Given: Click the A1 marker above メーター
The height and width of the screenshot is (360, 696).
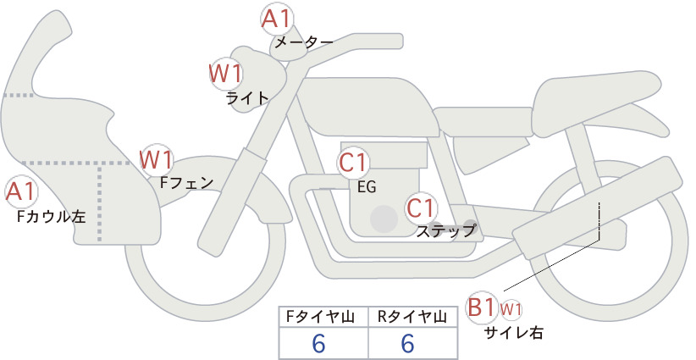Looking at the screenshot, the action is coord(278,19).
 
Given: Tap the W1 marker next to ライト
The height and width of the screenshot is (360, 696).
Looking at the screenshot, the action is coord(226,74).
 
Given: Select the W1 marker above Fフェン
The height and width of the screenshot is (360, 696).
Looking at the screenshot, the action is coord(157,159).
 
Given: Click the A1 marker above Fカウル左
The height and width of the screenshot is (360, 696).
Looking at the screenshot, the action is coord(21,192).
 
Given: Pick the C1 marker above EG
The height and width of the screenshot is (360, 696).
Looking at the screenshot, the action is coord(353,163).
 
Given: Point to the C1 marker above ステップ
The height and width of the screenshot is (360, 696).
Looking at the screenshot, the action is coord(421,208).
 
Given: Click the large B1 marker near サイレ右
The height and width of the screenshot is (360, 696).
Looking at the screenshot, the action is coord(481,307).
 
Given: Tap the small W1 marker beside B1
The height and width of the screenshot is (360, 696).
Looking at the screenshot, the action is coord(511,309).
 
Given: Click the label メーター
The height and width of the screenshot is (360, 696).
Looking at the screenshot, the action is coord(304,42).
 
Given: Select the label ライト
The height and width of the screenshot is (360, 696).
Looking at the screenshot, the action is coord(247,97).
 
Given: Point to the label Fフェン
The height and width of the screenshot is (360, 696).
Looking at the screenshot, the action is coord(186,183).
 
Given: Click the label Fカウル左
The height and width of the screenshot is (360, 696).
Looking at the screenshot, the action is coord(51,217).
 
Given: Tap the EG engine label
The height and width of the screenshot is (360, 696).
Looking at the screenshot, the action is coord(367,187).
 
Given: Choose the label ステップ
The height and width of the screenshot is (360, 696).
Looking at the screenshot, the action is coord(446,231).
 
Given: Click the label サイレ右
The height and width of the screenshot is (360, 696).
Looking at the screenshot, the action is coord(513,332).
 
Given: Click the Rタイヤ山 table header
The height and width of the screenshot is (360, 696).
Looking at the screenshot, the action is coord(412,317).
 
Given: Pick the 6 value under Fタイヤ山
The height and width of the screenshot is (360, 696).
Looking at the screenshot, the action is coord(318,343).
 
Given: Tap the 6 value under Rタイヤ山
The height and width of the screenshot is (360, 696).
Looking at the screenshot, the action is coord(407,343).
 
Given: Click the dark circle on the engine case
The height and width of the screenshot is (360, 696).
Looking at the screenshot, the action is coord(384,219).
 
